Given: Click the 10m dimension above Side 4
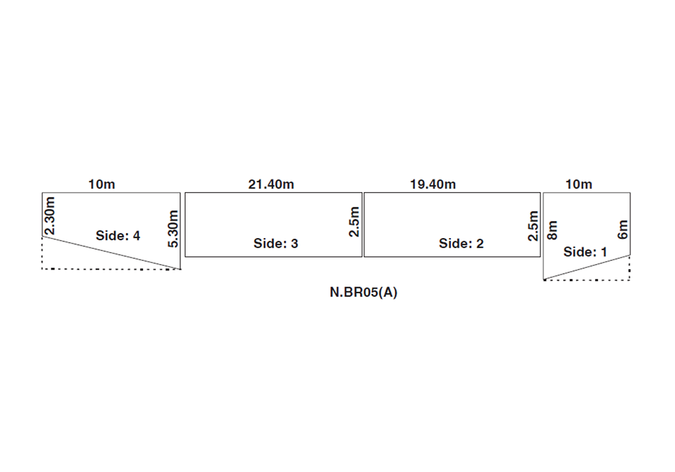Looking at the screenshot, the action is click(102, 184).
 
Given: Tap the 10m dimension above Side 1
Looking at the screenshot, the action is click(578, 184).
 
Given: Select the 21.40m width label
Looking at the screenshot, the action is click(271, 184).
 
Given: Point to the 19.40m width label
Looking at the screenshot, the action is click(433, 184).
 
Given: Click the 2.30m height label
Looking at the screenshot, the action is click(50, 216).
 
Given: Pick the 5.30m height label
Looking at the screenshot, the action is click(173, 229).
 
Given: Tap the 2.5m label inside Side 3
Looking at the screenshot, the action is click(354, 222).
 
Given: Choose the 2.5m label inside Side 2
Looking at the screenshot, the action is click(533, 226).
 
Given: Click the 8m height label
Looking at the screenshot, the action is click(552, 231).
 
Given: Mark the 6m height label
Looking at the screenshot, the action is click(622, 229).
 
